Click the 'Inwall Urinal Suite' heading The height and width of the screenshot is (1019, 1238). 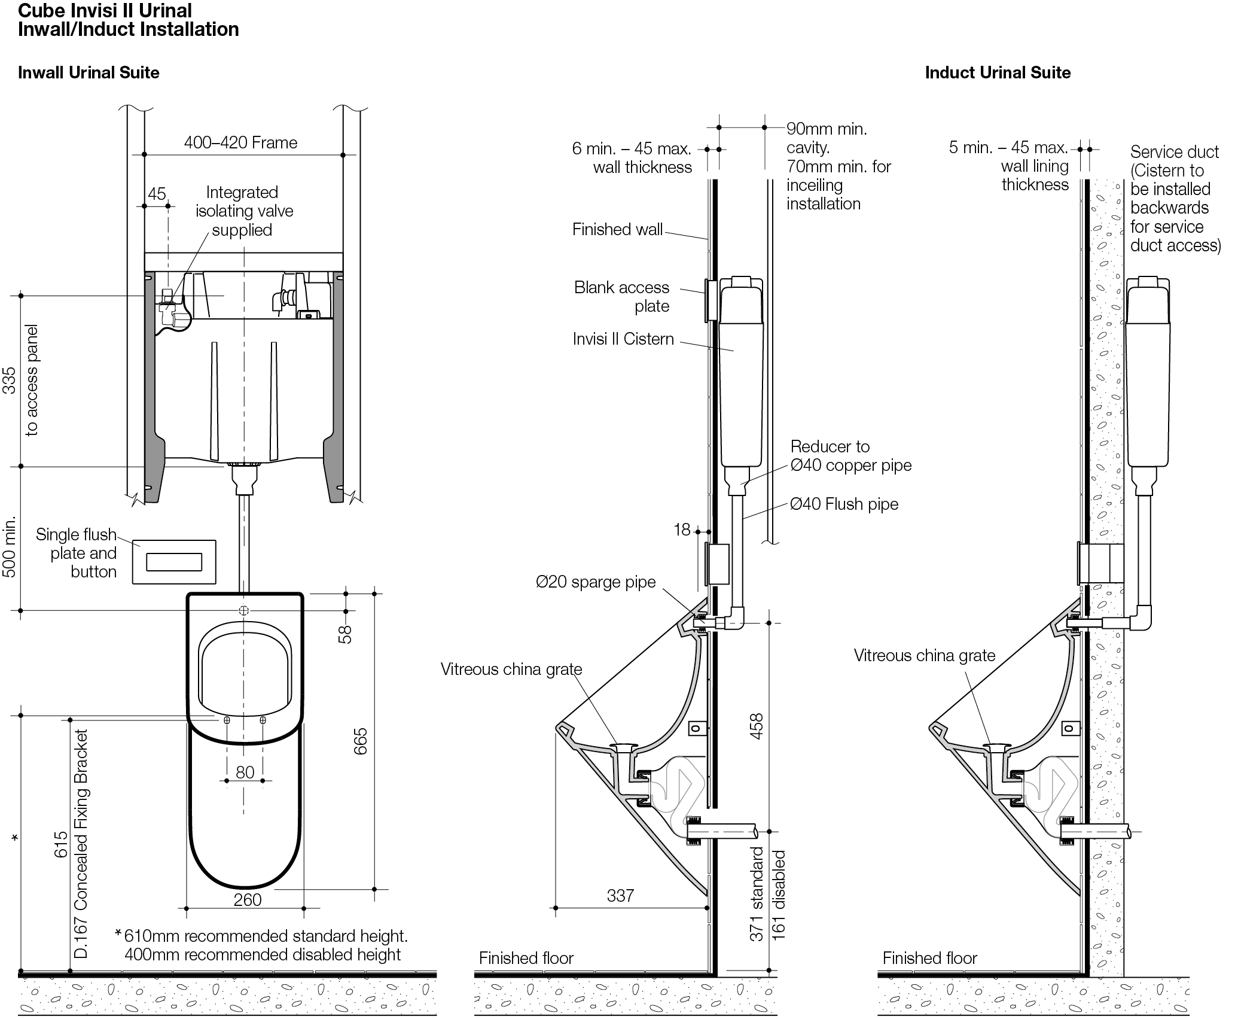[x=89, y=73]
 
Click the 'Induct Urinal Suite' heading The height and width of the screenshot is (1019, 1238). [x=998, y=73]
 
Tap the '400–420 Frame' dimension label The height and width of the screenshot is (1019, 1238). [x=240, y=143]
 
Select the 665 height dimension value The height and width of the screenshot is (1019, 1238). [x=361, y=741]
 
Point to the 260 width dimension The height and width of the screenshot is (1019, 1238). [x=248, y=899]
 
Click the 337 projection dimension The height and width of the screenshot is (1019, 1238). [x=620, y=895]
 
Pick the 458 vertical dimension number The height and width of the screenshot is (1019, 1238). [x=756, y=726]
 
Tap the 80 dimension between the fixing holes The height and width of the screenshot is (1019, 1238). [x=245, y=772]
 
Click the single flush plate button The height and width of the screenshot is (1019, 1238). [x=174, y=562]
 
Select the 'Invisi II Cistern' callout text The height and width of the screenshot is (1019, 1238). [x=623, y=339]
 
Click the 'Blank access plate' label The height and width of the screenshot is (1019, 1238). [x=622, y=297]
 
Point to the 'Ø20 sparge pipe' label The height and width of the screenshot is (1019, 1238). [x=596, y=582]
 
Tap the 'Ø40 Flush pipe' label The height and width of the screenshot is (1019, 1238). [x=844, y=504]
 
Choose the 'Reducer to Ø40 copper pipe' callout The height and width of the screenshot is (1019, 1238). [x=850, y=456]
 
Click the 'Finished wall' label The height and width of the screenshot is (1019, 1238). [x=617, y=230]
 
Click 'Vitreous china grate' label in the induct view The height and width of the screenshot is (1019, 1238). [x=924, y=656]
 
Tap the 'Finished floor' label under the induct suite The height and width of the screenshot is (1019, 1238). [x=929, y=958]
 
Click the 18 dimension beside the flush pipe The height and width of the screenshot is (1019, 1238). [x=682, y=530]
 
